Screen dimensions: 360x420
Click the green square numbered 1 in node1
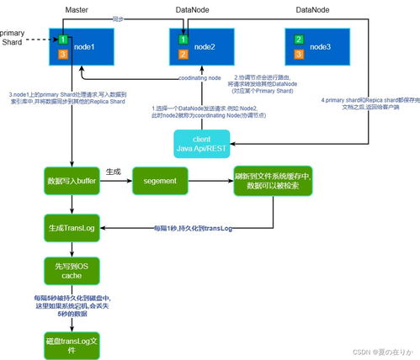tap(63, 40)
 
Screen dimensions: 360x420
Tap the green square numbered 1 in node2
tap(183, 40)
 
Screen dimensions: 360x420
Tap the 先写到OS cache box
tap(72, 271)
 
